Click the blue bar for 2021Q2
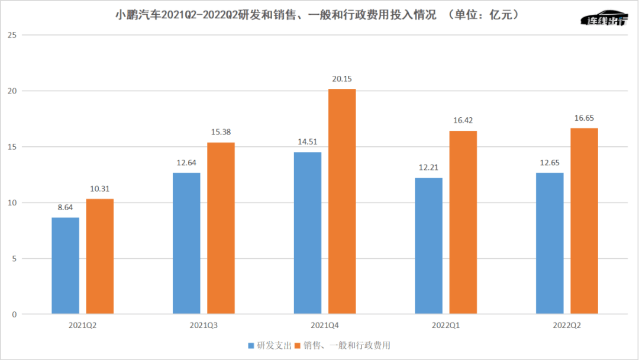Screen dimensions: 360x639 (65, 265)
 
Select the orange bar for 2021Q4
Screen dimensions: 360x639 (342, 201)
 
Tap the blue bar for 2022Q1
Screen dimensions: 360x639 (428, 246)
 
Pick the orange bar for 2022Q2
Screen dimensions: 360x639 (584, 221)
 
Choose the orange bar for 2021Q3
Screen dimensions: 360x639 (221, 228)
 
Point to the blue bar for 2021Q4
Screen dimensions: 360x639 (308, 233)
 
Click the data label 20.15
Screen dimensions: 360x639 (342, 79)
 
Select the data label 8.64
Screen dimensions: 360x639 (65, 208)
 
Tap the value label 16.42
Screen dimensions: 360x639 (463, 121)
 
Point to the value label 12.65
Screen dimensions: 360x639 (550, 163)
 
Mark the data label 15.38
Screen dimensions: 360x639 (221, 133)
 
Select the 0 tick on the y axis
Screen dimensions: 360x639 (14, 314)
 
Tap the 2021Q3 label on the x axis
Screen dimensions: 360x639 (203, 325)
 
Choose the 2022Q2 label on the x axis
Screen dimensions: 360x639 (567, 325)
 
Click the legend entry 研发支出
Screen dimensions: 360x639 (270, 345)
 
